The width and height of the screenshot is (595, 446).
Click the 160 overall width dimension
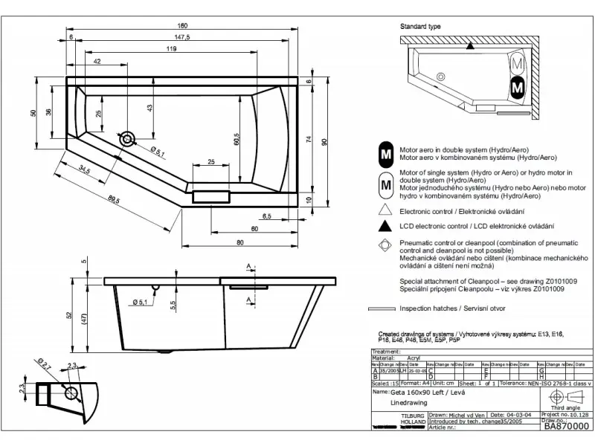click(x=182, y=25)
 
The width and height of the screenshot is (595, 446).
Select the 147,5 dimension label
click(x=182, y=36)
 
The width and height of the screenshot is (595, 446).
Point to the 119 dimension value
click(x=172, y=48)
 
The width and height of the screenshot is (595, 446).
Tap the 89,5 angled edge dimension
click(x=114, y=198)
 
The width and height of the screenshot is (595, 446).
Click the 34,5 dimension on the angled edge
click(x=84, y=172)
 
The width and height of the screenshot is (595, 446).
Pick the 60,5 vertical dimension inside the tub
click(x=235, y=138)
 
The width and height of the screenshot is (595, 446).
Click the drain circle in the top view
click(x=128, y=138)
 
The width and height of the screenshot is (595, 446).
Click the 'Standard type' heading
click(x=420, y=26)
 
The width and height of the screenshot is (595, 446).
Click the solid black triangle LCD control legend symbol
click(x=385, y=225)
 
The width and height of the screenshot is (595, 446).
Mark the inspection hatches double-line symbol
click(x=383, y=308)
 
